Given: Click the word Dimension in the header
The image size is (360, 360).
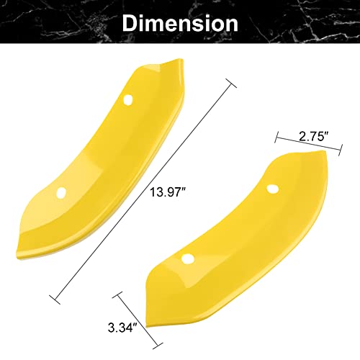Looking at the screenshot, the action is coord(180,24).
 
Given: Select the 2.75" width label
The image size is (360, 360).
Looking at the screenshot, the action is coord(313,137).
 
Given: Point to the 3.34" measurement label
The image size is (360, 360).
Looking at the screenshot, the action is coord(122,328).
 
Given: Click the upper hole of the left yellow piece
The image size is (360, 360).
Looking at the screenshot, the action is coord(128,99).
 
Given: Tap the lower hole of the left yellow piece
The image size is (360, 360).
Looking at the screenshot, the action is coord(61,192).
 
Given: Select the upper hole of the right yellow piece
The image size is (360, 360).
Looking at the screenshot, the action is coord(272,189).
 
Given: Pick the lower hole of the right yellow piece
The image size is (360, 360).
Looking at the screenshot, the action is coord(188,258).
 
